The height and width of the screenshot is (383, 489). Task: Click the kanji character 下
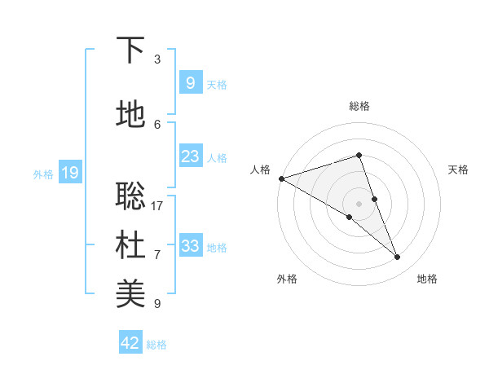click(131, 51)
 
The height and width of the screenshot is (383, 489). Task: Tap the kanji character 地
click(131, 115)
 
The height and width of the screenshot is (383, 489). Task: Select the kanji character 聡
click(131, 196)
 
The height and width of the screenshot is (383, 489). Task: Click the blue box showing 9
click(190, 83)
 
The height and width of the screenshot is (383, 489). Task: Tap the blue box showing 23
click(190, 156)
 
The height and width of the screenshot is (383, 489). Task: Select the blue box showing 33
click(190, 246)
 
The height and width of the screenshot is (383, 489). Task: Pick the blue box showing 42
click(130, 343)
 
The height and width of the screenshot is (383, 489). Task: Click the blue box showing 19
click(70, 173)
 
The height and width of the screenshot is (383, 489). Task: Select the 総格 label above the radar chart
click(359, 106)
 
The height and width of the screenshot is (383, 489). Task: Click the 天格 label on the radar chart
click(458, 169)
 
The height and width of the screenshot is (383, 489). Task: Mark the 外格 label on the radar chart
click(287, 279)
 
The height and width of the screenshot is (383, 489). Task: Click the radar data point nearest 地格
click(398, 258)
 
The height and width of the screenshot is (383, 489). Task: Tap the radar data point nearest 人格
click(281, 178)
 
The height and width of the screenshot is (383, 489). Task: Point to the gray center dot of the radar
click(359, 203)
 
